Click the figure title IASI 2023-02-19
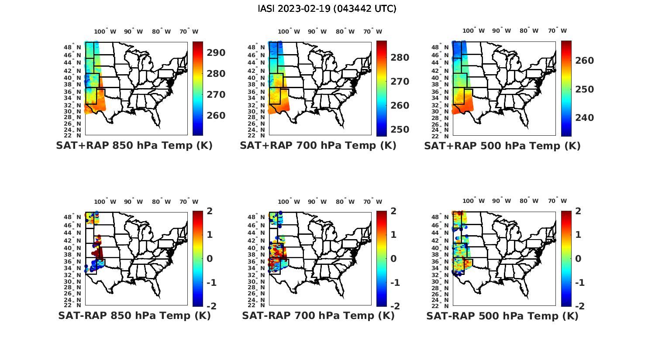327,9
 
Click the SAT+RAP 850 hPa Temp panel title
134,146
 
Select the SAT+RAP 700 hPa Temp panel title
318,146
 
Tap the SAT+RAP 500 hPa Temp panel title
502,146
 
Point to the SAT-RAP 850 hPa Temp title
134,316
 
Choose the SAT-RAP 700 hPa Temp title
318,316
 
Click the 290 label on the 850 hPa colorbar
216,53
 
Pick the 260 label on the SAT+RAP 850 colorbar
216,116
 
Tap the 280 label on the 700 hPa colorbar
400,58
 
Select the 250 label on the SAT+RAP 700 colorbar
400,130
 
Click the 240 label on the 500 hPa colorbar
585,118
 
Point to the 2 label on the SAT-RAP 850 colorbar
210,211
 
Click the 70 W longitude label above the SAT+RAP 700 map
372,31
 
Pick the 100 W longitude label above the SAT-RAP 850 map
105,202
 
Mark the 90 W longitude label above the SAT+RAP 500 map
502,31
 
